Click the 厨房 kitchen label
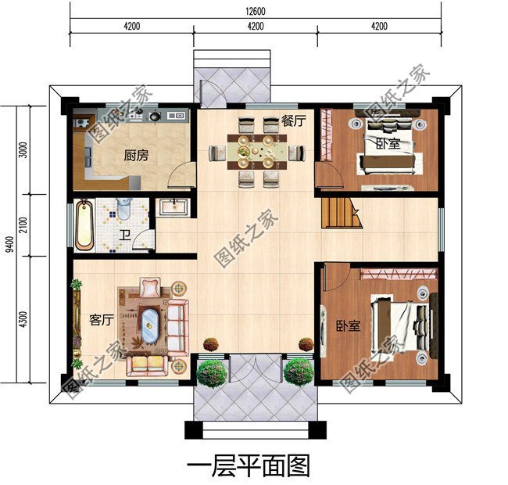pyautogui.click(x=134, y=156)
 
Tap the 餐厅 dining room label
pyautogui.click(x=294, y=120)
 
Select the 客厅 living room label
pyautogui.click(x=102, y=319)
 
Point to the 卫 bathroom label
pyautogui.click(x=123, y=233)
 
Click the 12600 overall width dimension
pyautogui.click(x=255, y=10)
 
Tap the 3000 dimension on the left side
pyautogui.click(x=23, y=149)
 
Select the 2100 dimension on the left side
pyautogui.click(x=23, y=226)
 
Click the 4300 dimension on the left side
pyautogui.click(x=23, y=318)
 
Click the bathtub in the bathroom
pyautogui.click(x=85, y=224)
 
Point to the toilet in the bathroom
pyautogui.click(x=122, y=209)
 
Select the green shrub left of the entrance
pyautogui.click(x=212, y=372)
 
